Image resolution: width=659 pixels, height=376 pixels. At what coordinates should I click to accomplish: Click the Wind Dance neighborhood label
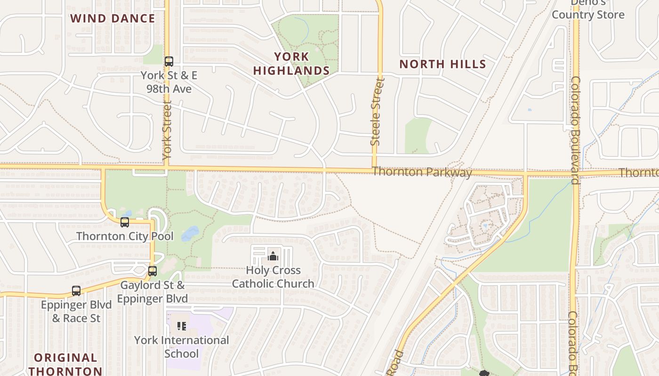[113, 18]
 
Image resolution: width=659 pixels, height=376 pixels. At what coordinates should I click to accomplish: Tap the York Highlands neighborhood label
[291, 63]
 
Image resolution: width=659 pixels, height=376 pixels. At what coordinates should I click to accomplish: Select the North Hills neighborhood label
[442, 64]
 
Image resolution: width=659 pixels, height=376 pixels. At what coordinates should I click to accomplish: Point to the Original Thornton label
[65, 364]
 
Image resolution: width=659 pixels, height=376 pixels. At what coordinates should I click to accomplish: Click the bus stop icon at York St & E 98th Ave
[169, 62]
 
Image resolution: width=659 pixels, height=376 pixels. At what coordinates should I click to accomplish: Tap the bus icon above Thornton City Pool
[125, 222]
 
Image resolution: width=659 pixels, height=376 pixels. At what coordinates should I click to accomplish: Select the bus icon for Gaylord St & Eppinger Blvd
[152, 271]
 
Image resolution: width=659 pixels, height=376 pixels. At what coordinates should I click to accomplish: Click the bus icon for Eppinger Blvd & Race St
[76, 291]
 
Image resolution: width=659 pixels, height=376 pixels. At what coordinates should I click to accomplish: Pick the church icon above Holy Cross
[273, 256]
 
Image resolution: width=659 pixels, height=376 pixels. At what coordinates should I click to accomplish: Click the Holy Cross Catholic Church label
[273, 277]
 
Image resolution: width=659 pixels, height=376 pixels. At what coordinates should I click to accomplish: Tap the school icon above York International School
[182, 326]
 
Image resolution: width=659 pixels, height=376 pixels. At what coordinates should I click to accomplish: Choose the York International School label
[182, 346]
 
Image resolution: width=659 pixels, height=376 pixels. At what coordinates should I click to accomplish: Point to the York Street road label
[167, 129]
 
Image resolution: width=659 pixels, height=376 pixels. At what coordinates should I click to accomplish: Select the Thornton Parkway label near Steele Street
[422, 172]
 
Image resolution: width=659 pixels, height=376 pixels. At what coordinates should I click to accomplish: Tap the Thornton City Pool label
[125, 236]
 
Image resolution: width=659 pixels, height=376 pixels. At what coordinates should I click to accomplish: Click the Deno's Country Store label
[588, 9]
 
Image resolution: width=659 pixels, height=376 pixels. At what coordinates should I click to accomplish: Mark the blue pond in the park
[190, 233]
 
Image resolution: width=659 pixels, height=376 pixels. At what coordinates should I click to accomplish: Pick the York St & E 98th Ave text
[169, 82]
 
